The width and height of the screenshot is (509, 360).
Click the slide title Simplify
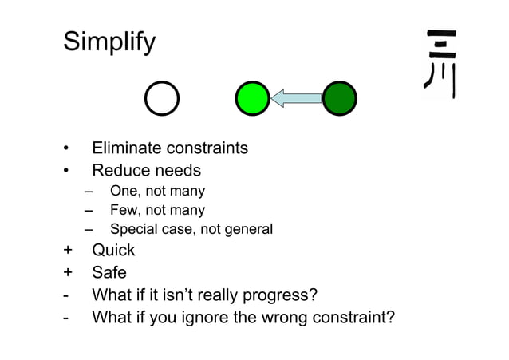(x=109, y=42)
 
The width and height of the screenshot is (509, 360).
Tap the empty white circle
(x=162, y=99)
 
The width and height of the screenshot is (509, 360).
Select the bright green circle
(x=253, y=98)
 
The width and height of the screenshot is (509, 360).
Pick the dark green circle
(x=339, y=98)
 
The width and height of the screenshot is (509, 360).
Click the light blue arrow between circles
(x=296, y=98)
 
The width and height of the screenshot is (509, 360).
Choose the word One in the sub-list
(x=124, y=192)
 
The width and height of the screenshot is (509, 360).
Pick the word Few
(x=124, y=211)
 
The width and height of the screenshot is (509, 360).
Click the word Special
(x=135, y=230)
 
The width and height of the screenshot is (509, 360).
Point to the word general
(x=248, y=230)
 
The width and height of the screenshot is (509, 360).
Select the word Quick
(x=114, y=251)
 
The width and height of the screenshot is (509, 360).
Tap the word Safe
(x=109, y=273)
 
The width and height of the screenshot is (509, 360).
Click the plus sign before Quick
(x=68, y=251)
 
